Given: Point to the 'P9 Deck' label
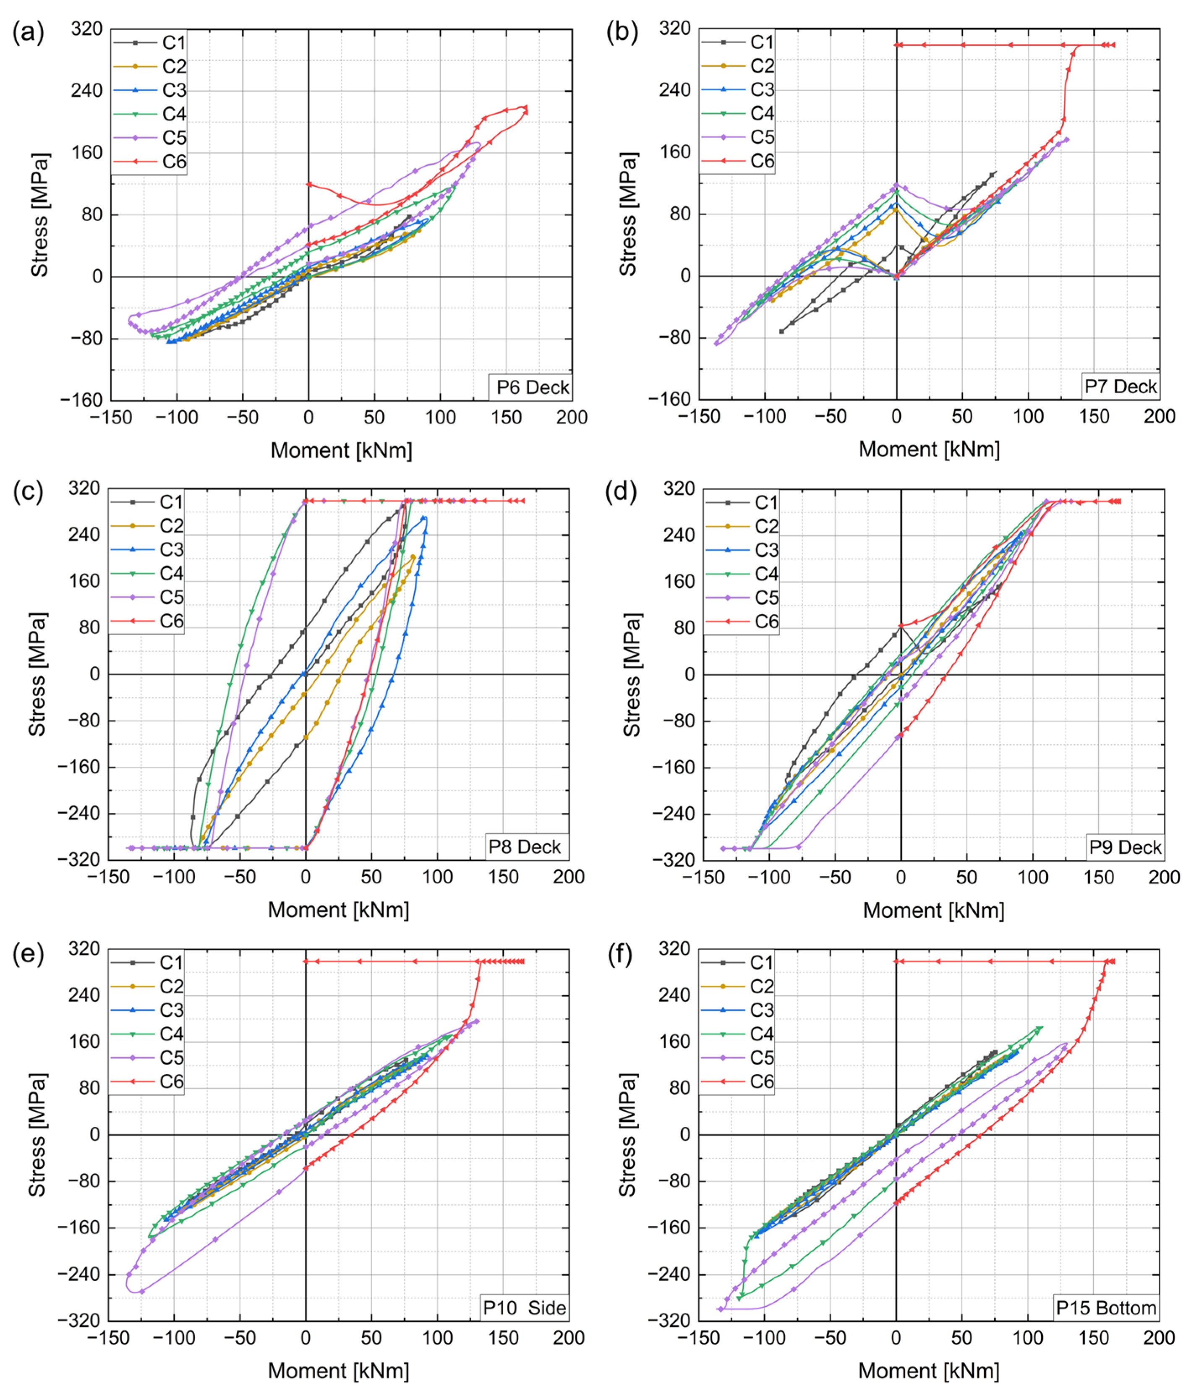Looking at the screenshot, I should pos(1125,847).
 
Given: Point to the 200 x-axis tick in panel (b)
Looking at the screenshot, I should pos(1160,417).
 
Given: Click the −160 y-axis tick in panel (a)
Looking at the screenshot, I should pos(81,400).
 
